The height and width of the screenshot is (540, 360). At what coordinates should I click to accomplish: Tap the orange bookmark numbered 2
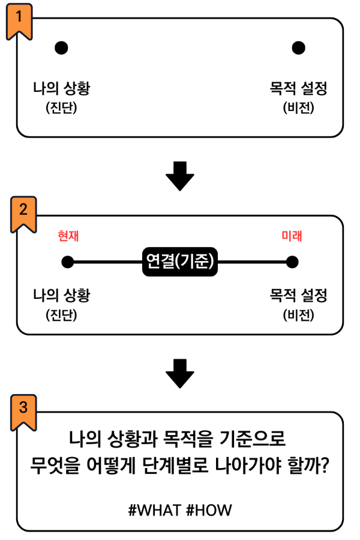23,213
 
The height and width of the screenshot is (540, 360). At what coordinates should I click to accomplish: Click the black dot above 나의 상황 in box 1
61,47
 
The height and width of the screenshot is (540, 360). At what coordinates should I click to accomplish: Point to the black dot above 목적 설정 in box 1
298,47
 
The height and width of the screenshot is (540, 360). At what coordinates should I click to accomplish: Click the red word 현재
68,236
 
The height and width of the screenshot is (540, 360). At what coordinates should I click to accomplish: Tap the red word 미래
292,236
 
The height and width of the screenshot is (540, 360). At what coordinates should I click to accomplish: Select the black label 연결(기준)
180,262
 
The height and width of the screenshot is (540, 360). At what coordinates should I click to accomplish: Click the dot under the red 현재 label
68,262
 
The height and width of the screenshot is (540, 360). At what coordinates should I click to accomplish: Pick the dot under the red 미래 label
292,262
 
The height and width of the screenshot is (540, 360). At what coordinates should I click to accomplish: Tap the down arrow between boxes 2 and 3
180,374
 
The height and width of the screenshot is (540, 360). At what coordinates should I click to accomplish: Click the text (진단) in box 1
62,108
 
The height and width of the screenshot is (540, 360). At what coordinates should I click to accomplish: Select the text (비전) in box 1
298,108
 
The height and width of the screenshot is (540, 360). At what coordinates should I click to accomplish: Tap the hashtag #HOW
208,510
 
